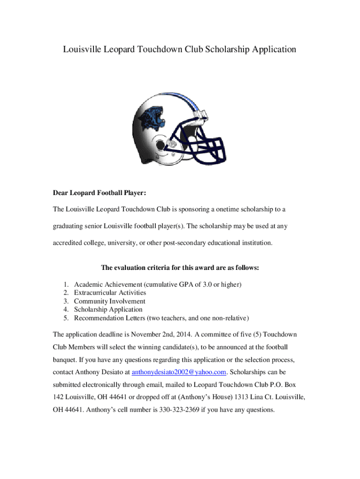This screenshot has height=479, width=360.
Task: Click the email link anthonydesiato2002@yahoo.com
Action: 180,372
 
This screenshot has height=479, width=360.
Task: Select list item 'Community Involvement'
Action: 109,301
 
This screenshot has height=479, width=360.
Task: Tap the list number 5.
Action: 66,318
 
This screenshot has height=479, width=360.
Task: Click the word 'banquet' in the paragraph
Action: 66,360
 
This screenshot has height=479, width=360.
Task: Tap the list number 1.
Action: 66,284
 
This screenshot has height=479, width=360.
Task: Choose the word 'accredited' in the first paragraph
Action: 70,243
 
